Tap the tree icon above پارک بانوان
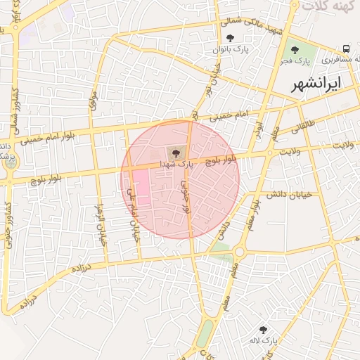[x=231, y=39]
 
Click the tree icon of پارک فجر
[x=294, y=51]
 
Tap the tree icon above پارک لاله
[x=263, y=329]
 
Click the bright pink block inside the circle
[x=140, y=188]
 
